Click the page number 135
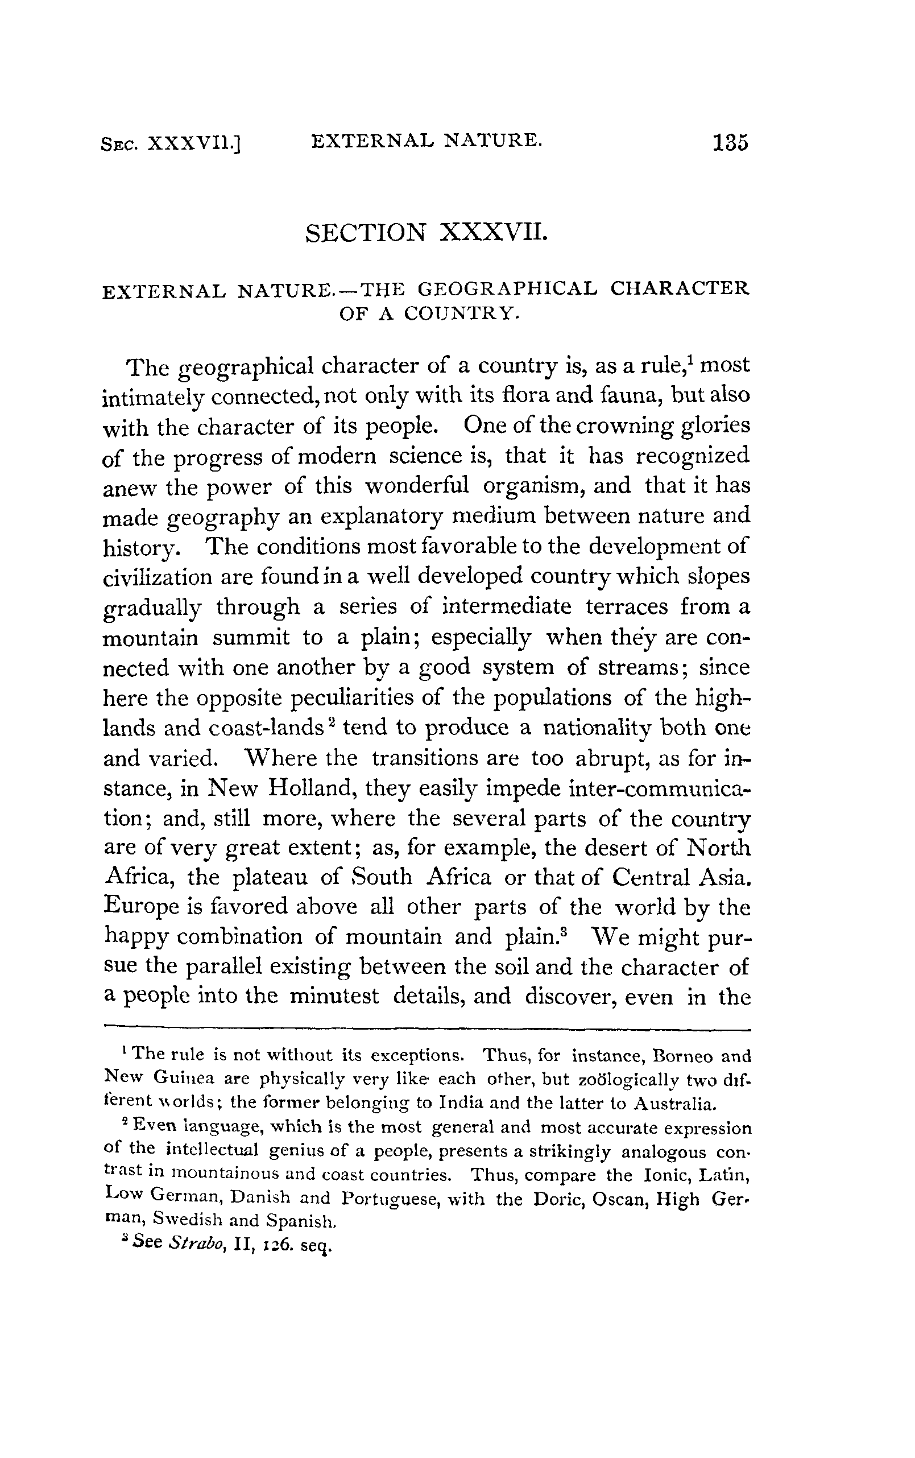tap(730, 143)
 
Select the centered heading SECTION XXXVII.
tap(427, 233)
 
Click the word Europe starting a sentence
tap(142, 907)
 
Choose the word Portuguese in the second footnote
tap(388, 1199)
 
